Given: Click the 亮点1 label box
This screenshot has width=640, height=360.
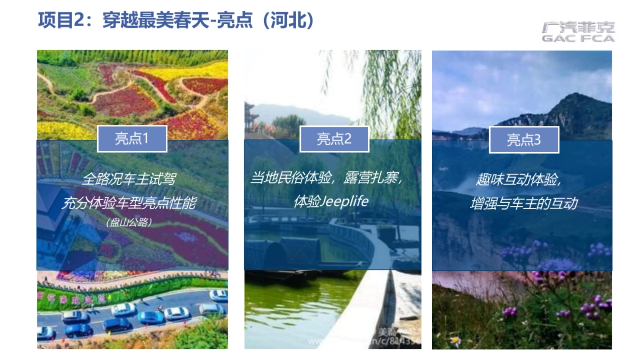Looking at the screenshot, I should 132,139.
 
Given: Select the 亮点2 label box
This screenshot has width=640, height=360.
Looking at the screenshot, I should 334,139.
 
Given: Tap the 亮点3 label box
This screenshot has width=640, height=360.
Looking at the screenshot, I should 524,140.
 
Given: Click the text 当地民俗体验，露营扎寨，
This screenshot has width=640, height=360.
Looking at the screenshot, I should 326,178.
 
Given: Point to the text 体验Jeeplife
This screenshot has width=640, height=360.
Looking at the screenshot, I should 331,202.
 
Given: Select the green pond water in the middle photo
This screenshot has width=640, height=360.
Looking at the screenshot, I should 299,309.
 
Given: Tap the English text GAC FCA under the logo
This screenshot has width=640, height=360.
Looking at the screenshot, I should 578,38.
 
